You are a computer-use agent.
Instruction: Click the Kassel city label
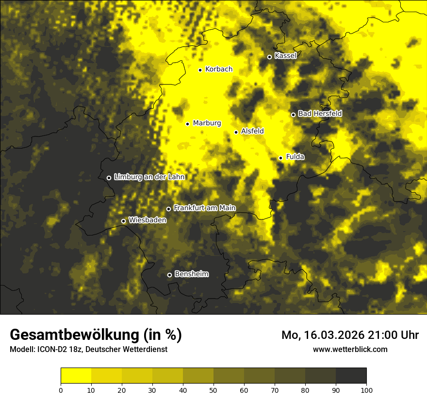[285, 56]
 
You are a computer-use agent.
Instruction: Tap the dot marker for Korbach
[200, 70]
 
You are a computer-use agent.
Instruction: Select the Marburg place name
[207, 123]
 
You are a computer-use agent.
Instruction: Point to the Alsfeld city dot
[236, 132]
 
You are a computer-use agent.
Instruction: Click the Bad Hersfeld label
[320, 114]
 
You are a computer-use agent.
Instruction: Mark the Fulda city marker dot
[280, 158]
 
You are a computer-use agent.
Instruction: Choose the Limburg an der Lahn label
[149, 177]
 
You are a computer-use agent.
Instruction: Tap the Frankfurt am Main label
[204, 208]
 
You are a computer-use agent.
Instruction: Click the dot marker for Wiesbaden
[123, 221]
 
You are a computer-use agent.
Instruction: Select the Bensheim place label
[191, 274]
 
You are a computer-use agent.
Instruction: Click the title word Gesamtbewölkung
[75, 335]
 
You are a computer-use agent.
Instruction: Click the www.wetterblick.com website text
[350, 349]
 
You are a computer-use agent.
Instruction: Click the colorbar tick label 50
[213, 390]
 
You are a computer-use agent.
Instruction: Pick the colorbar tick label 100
[366, 390]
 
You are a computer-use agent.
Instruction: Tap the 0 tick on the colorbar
[61, 390]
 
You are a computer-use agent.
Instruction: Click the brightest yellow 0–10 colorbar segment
[76, 376]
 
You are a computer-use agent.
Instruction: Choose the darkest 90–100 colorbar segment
[351, 376]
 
